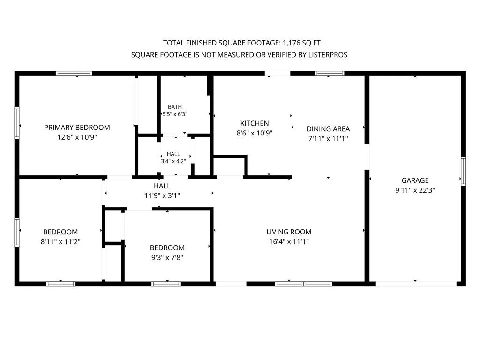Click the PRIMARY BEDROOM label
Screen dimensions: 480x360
[77, 127]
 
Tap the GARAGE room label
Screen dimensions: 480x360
[415, 180]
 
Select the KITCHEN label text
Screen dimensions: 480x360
[255, 123]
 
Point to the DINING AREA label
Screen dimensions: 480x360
[328, 129]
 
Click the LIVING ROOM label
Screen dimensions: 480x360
[289, 232]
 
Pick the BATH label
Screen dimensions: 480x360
[175, 107]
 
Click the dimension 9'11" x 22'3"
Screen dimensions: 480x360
[415, 190]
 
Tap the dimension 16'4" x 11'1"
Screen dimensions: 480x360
[289, 241]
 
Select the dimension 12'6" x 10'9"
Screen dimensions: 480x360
[77, 137]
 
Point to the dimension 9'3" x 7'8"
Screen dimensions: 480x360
[167, 257]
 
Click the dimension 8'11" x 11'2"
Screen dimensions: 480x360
[60, 241]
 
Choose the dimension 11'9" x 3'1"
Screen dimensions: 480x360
[162, 195]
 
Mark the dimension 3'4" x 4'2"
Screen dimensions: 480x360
[173, 161]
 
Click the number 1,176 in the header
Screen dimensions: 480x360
[292, 43]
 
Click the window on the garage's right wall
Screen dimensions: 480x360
[464, 171]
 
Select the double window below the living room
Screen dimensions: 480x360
[303, 284]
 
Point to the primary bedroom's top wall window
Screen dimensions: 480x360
[74, 74]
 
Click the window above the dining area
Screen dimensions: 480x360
[330, 74]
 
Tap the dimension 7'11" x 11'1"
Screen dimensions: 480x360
[328, 139]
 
